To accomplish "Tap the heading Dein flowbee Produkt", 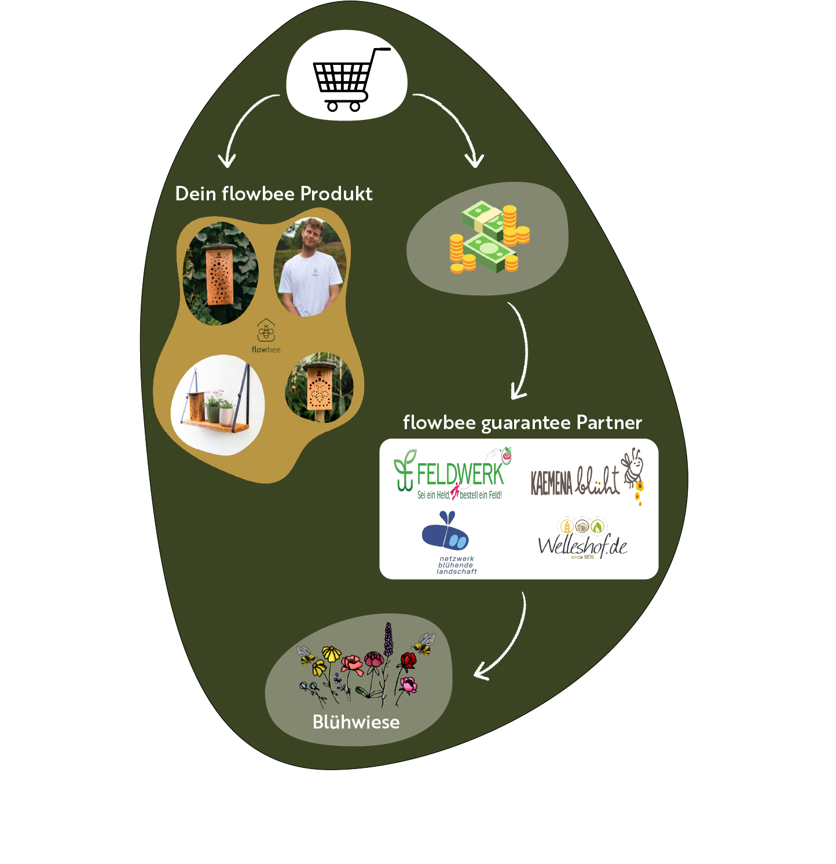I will pyautogui.click(x=273, y=194).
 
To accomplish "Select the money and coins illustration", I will pyautogui.click(x=489, y=237).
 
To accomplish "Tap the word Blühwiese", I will pyautogui.click(x=355, y=722).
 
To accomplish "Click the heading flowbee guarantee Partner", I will pyautogui.click(x=522, y=423).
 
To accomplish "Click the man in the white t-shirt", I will pyautogui.click(x=310, y=268).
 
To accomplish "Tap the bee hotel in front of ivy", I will pyautogui.click(x=220, y=273).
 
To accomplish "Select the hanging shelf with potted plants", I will pyautogui.click(x=217, y=405).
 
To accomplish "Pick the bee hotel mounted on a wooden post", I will pyautogui.click(x=319, y=386).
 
